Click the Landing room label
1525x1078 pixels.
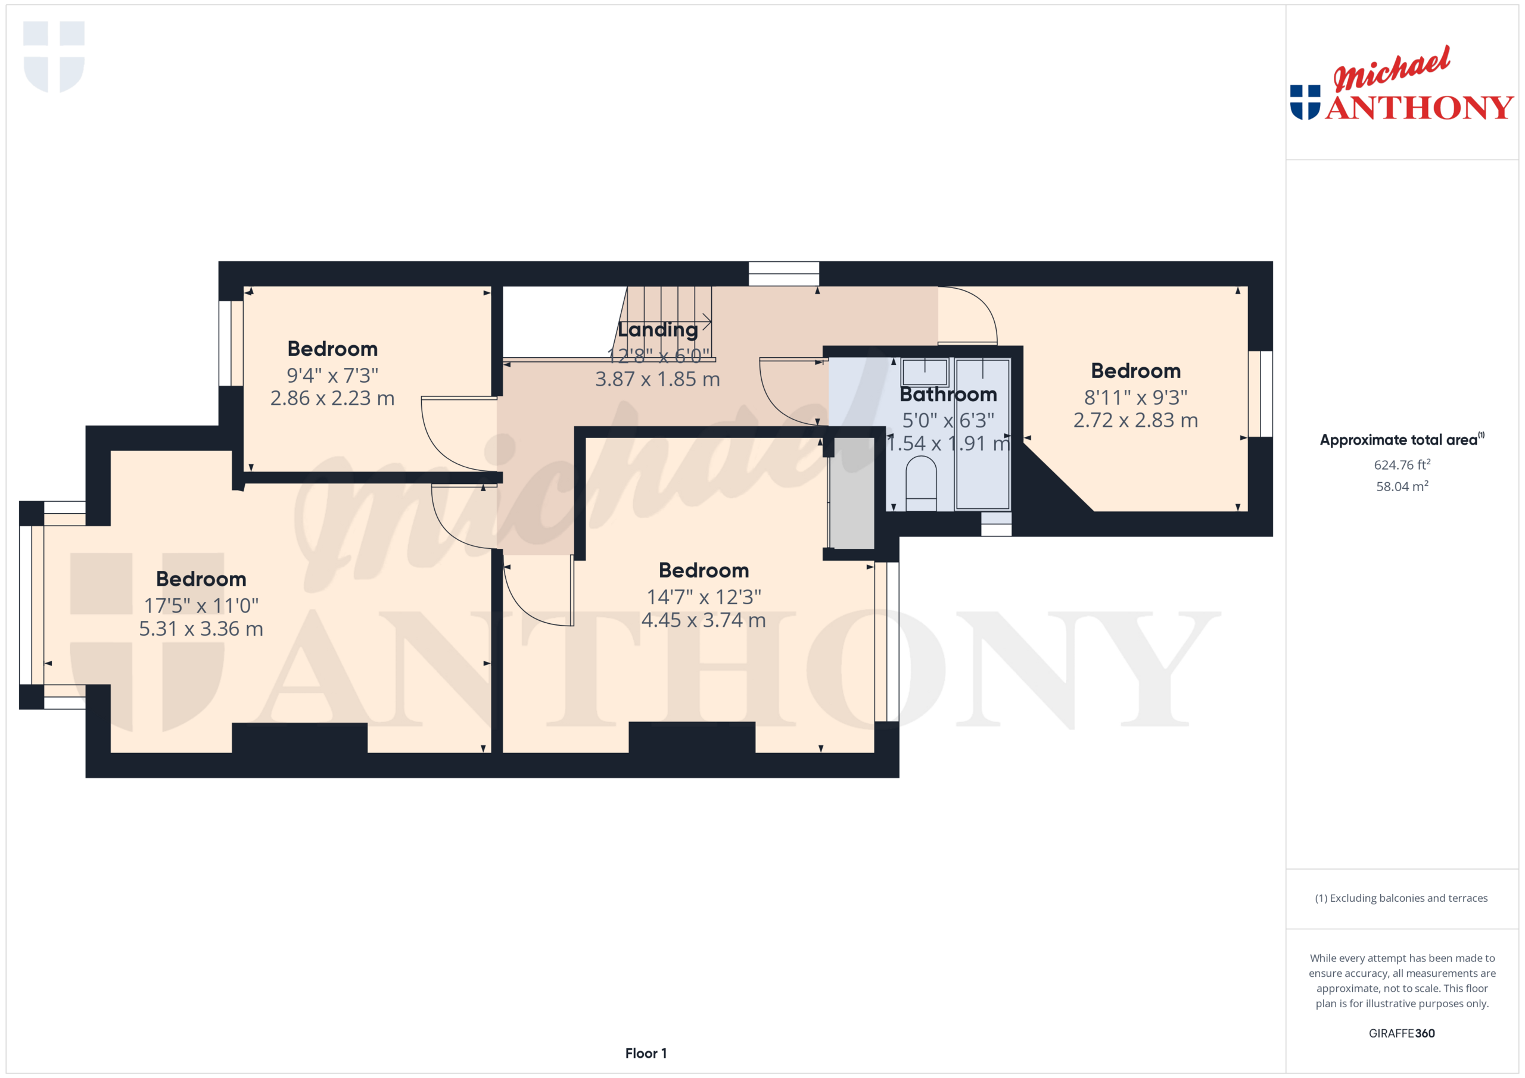click(658, 330)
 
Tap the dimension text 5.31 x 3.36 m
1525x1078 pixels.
click(201, 629)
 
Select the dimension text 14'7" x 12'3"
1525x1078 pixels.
click(704, 597)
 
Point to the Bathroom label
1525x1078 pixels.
click(948, 394)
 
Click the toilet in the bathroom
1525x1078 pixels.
click(920, 483)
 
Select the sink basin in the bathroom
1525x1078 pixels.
click(925, 373)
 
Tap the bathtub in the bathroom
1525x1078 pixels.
click(982, 435)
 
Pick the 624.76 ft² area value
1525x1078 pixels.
click(1402, 465)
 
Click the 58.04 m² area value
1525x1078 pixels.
click(1402, 486)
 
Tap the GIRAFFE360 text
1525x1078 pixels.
click(1402, 1033)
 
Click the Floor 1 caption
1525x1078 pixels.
click(646, 1053)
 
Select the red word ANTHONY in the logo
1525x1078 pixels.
click(1419, 108)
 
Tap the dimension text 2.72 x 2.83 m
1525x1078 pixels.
click(1135, 420)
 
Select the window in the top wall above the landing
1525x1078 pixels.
click(783, 273)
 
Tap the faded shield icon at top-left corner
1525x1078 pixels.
click(54, 57)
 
